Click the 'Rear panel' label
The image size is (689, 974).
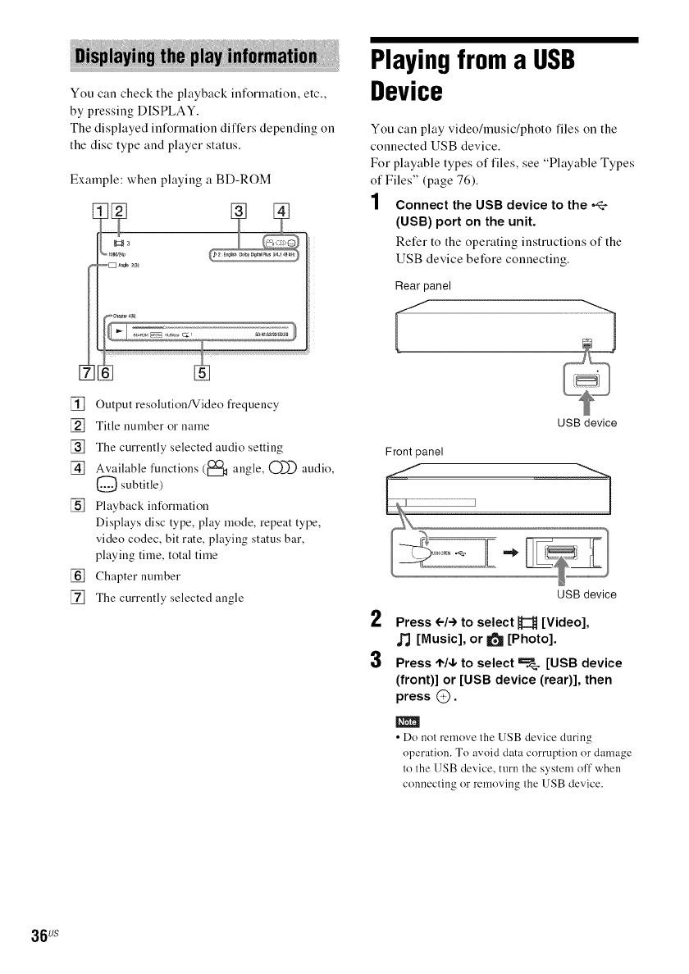point(418,285)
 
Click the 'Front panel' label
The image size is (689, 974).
point(413,449)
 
